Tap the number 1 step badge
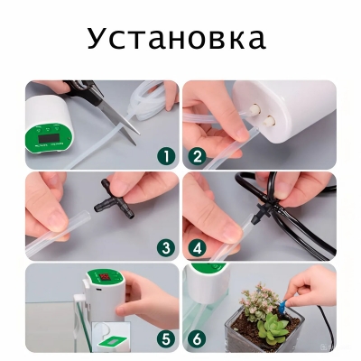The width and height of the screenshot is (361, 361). [x=165, y=155]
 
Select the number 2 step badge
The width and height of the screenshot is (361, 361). [x=198, y=155]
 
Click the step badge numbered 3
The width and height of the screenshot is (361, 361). [x=165, y=246]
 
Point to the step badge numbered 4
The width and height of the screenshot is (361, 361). [x=198, y=246]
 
